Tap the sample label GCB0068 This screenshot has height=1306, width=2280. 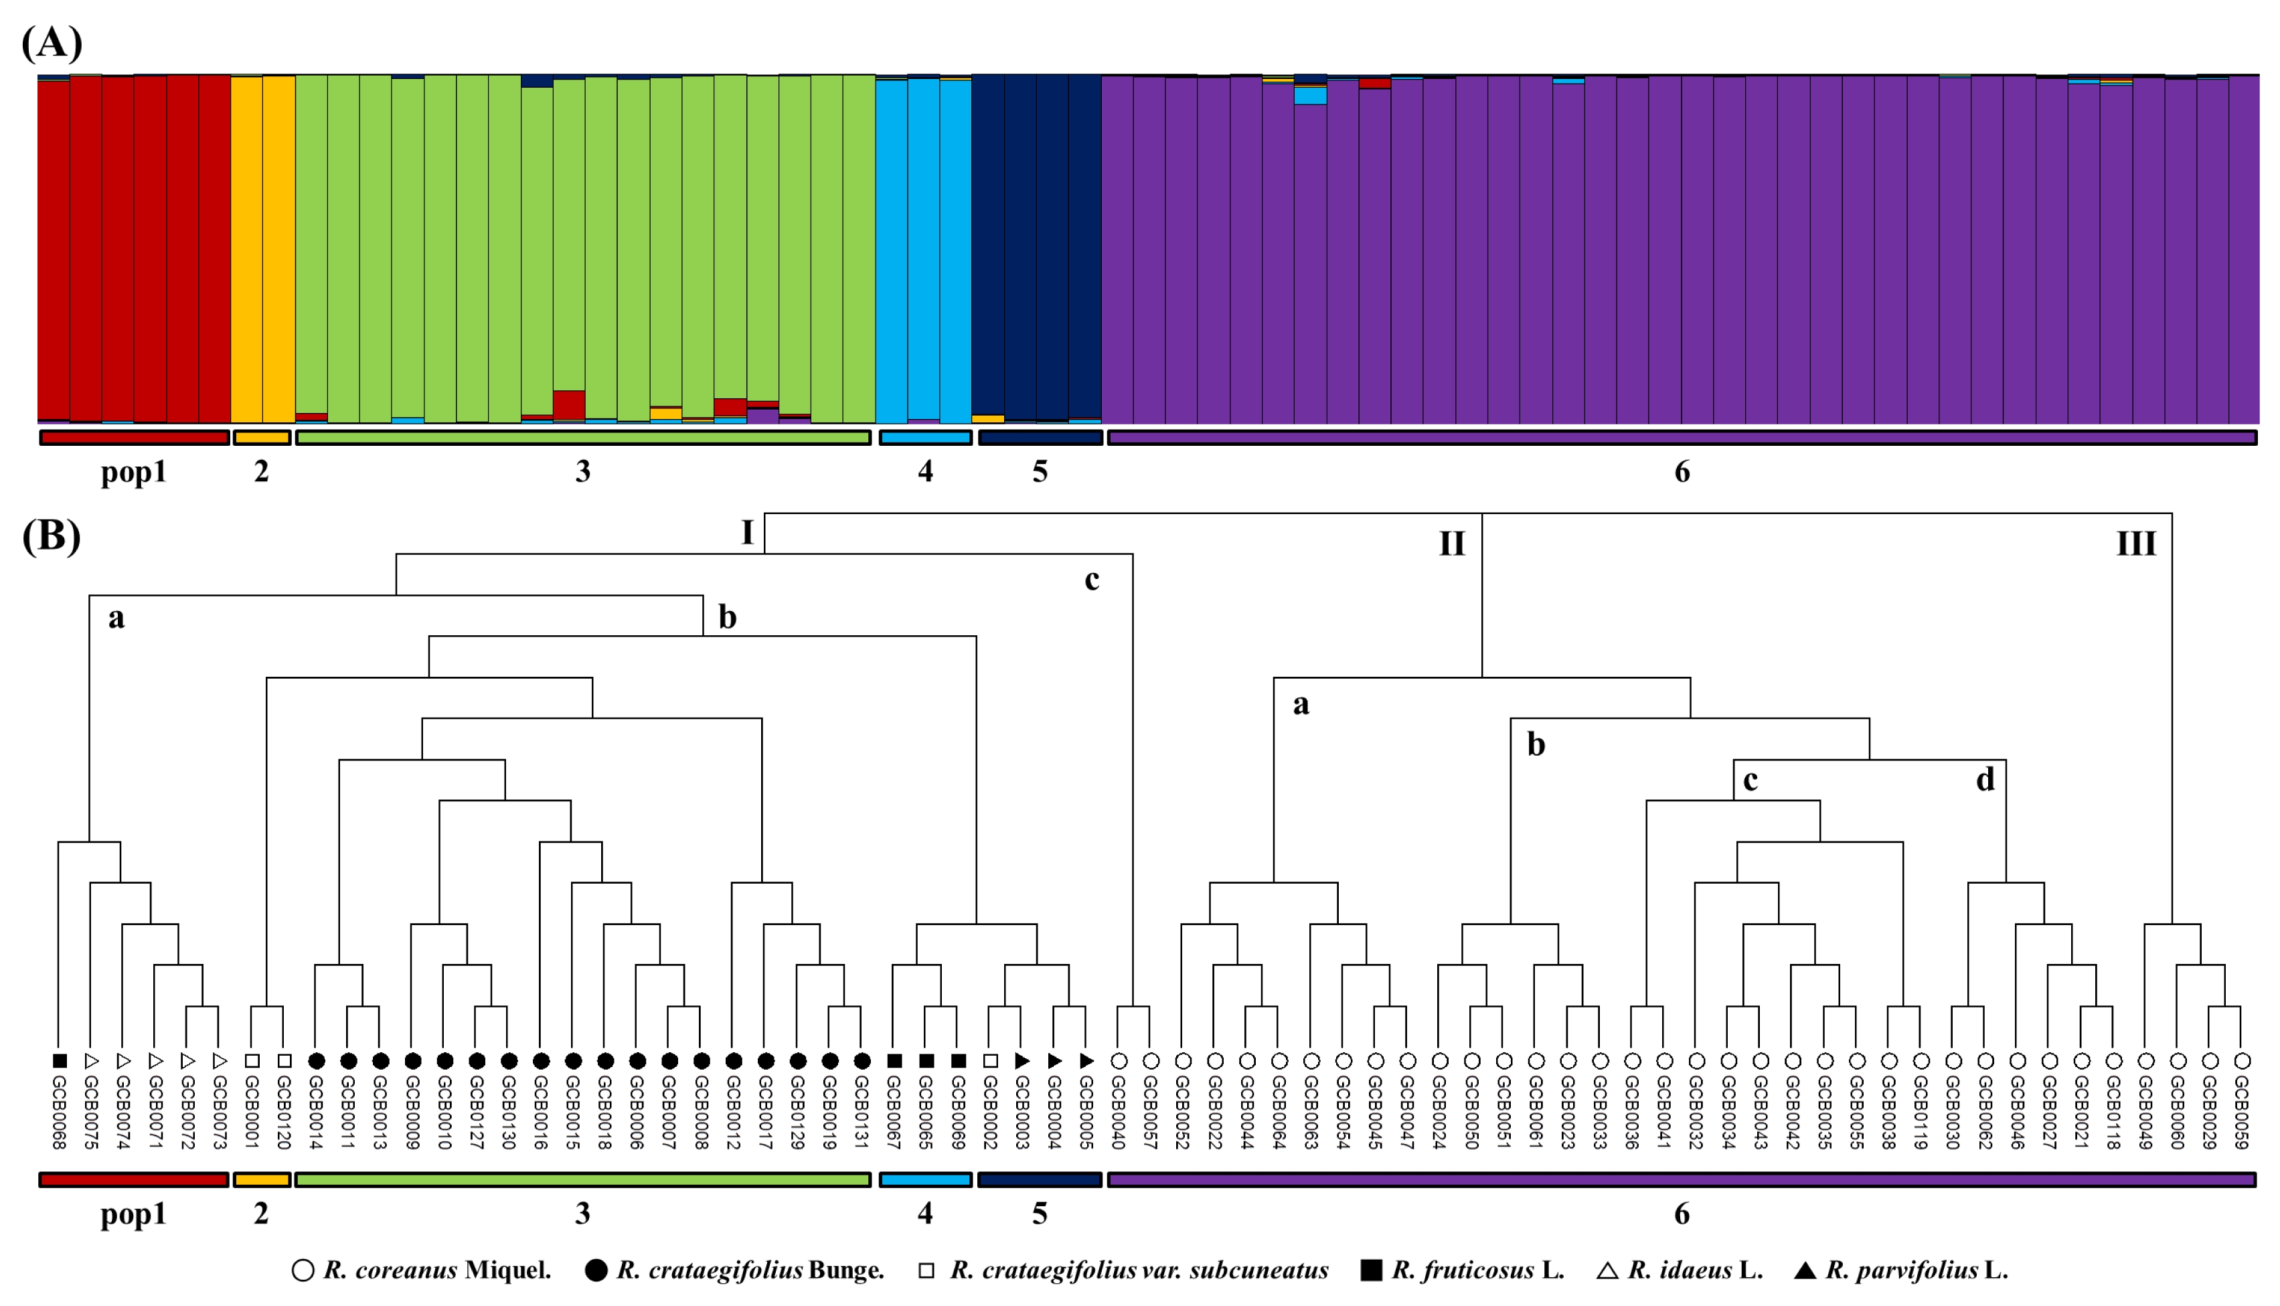pos(59,1113)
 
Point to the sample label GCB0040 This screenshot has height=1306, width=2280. pos(1119,1113)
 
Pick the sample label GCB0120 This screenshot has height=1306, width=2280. pos(284,1113)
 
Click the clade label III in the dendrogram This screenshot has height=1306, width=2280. pos(2135,544)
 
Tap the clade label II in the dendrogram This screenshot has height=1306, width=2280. pos(1452,544)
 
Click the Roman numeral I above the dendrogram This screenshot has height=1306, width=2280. pos(747,533)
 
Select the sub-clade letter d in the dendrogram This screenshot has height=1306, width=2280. pos(1986,779)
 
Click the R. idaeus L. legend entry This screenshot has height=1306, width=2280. pos(1681,1270)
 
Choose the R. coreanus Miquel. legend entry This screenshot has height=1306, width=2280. pos(422,1270)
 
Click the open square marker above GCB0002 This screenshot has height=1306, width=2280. pos(990,1061)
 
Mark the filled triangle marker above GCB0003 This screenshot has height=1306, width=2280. pos(1022,1061)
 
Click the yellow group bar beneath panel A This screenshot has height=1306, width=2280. pos(262,438)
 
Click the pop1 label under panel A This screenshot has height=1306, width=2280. pos(134,472)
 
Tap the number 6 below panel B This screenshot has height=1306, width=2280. pos(1682,1214)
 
